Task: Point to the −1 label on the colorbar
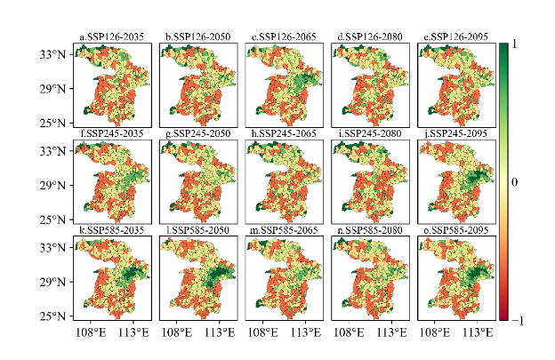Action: [x=519, y=320]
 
